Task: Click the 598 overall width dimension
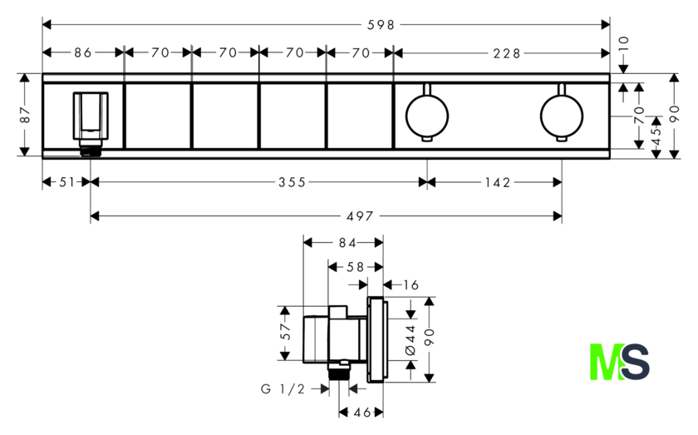381,25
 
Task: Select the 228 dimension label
507,53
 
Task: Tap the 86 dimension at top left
83,53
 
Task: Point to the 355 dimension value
292,182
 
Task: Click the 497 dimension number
360,216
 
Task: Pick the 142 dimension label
498,182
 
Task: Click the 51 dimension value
66,182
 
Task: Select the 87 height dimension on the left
26,115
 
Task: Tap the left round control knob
427,116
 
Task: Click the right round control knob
562,116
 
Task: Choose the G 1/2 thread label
283,389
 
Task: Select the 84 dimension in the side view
347,243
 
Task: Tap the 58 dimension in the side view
356,267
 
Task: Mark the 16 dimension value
410,284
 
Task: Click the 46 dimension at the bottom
361,413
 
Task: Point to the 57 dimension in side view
285,332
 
